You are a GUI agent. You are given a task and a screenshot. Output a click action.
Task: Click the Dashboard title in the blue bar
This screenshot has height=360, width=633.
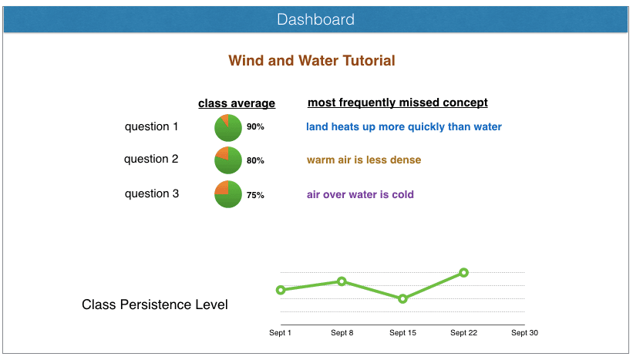click(x=316, y=20)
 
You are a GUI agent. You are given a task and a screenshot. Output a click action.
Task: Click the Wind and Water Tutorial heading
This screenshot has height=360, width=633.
click(x=311, y=61)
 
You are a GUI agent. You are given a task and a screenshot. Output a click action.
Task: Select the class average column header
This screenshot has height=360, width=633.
click(x=236, y=103)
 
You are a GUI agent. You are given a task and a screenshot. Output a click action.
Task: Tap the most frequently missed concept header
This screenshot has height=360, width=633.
click(x=397, y=103)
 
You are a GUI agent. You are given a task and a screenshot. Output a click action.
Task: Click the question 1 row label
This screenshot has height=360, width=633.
click(x=151, y=126)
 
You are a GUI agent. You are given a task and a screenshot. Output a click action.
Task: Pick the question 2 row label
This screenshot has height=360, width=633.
click(x=151, y=159)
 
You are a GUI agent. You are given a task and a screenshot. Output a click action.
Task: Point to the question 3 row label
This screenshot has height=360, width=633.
click(x=151, y=193)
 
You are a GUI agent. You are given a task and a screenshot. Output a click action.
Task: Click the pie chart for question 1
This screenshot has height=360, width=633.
click(x=228, y=127)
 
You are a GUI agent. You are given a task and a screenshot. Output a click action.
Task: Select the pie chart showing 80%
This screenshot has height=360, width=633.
click(x=228, y=160)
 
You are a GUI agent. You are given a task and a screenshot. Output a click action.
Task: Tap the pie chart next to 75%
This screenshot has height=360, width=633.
click(x=228, y=194)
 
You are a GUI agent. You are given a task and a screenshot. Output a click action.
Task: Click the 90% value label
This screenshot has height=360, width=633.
click(x=255, y=127)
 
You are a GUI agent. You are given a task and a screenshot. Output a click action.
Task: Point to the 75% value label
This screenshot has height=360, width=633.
click(x=255, y=195)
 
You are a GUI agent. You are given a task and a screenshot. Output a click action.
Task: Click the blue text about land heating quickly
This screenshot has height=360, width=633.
click(x=403, y=126)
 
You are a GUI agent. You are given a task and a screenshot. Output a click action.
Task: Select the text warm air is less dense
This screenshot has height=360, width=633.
click(x=364, y=160)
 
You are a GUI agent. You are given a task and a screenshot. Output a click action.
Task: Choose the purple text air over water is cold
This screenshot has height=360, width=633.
click(x=360, y=194)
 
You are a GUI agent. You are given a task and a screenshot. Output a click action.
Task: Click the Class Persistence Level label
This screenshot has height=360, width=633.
click(x=154, y=305)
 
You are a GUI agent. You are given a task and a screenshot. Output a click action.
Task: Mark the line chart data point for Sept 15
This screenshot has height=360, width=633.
click(x=402, y=298)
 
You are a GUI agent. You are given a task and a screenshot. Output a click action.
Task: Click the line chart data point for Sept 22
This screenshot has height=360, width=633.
click(x=464, y=272)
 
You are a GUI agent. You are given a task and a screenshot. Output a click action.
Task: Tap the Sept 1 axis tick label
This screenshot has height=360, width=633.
click(x=280, y=333)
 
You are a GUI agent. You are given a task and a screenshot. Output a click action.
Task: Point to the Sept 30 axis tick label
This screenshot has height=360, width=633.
click(x=524, y=333)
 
